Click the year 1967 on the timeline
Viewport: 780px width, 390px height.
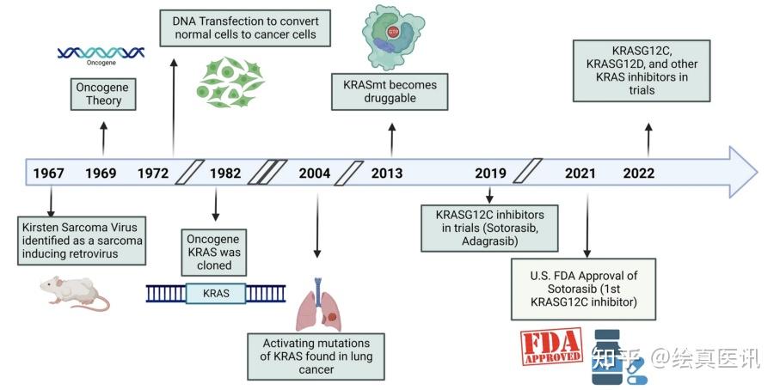coord(48,174)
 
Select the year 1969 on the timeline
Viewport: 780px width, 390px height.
coord(101,174)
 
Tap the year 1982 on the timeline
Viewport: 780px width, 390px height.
coord(225,174)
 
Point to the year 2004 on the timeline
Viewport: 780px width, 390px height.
coord(314,174)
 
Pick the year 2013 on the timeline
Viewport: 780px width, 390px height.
coord(387,174)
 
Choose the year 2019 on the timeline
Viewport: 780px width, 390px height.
coord(490,174)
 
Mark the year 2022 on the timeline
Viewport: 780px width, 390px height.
coord(638,174)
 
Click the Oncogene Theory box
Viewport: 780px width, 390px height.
coord(102,93)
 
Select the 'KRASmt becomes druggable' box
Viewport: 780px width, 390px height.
coord(390,92)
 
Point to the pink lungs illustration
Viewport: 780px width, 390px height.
coord(318,306)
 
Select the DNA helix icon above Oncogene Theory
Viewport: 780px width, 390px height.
coord(101,53)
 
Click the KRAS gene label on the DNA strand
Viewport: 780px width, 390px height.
coord(216,293)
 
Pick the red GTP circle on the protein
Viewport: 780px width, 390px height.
coord(393,32)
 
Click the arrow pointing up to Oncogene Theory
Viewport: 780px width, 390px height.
coord(103,137)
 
